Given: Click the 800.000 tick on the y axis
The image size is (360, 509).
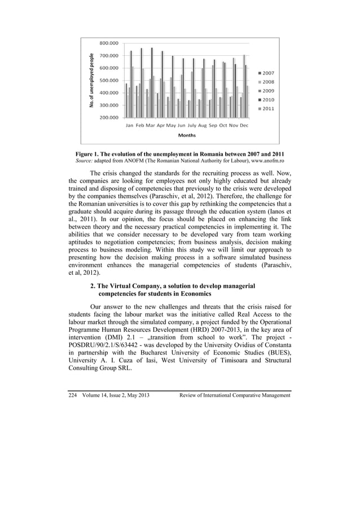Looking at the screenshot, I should pos(109,43).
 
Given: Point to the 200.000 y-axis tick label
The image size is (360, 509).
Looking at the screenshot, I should pos(109,117).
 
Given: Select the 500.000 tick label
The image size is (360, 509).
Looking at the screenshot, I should pos(109,80).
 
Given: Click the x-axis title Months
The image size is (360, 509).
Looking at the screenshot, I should pos(187,136).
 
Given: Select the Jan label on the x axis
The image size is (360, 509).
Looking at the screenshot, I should pos(129,126).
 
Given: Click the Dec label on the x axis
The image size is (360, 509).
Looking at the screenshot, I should pos(244,126).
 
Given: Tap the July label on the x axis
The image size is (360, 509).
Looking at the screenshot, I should pos(192,126).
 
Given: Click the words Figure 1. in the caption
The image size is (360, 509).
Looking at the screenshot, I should pos(91,154).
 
